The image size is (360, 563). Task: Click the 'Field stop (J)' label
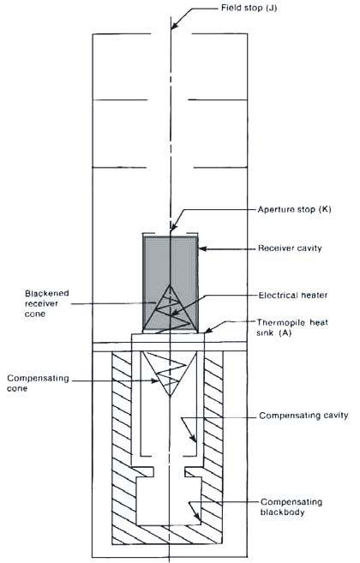click(x=249, y=8)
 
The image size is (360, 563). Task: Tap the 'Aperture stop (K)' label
click(x=295, y=209)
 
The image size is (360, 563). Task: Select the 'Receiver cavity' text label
click(x=290, y=249)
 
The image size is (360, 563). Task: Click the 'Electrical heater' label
click(x=293, y=295)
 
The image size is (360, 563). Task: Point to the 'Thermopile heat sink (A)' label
click(x=292, y=327)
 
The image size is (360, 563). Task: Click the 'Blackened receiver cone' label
click(x=46, y=303)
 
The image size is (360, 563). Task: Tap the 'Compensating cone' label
click(x=38, y=383)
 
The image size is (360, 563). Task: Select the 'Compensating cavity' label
click(x=303, y=416)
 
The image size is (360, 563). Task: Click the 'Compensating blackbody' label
click(x=291, y=507)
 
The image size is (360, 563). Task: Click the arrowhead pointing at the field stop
click(x=173, y=26)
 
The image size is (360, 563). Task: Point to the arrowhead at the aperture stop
click(x=173, y=228)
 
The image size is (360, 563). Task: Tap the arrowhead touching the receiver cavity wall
click(x=202, y=249)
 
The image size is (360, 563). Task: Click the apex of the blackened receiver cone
click(x=170, y=285)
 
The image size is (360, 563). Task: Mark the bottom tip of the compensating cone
click(x=170, y=396)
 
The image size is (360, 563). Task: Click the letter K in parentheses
click(x=325, y=209)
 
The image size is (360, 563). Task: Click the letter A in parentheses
click(x=285, y=332)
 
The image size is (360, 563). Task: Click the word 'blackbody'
click(x=282, y=512)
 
